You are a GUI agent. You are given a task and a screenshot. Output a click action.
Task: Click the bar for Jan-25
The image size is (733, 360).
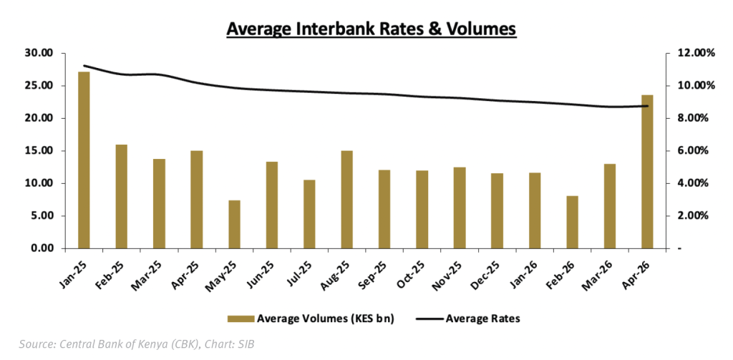[84, 160]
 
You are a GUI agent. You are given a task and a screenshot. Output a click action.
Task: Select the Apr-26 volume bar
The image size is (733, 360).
[647, 172]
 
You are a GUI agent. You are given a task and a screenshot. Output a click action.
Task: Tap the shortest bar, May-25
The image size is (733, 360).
[234, 225]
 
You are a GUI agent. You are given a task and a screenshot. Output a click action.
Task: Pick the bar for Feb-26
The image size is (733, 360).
[572, 222]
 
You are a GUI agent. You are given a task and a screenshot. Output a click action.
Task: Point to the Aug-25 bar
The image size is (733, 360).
[347, 200]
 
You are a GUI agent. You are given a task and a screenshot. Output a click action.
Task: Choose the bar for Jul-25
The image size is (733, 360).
[309, 214]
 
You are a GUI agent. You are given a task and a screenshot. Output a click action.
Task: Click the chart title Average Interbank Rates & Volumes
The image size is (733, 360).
[372, 29]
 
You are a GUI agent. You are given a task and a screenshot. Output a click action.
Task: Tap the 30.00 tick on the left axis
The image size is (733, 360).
[39, 53]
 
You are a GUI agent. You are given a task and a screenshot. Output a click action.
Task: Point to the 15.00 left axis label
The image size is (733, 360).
[39, 151]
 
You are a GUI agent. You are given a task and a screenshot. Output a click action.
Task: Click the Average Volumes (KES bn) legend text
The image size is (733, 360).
[326, 319]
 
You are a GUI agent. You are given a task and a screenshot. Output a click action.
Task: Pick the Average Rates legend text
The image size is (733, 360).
[483, 319]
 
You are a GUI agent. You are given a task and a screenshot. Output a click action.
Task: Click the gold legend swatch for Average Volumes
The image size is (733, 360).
[241, 319]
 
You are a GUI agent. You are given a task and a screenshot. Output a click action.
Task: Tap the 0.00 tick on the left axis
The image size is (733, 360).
[42, 248]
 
